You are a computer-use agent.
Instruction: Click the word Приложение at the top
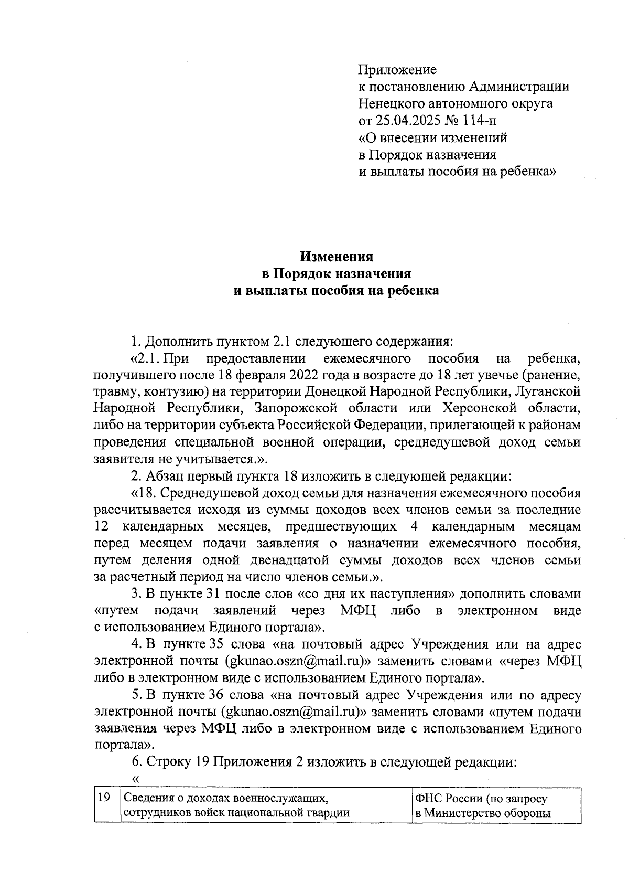click(397, 70)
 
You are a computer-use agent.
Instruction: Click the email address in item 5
click(293, 712)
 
